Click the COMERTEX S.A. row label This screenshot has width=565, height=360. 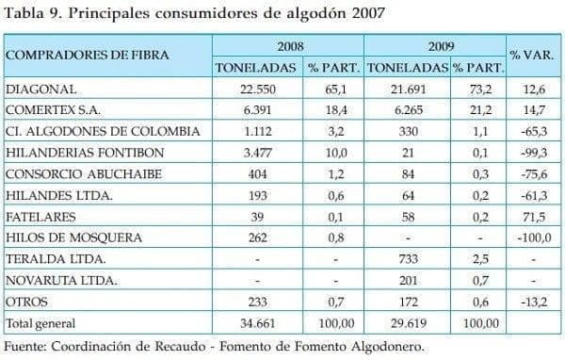pos(54,111)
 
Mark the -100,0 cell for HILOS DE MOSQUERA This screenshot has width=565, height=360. pos(531,238)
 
